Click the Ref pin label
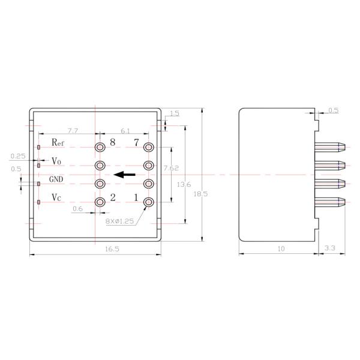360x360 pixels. pos(58,143)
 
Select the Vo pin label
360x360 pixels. pos(56,161)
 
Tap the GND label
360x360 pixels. pos(56,179)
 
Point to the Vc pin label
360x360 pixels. pos(56,197)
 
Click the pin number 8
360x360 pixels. pos(112,143)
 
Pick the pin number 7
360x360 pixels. pos(136,143)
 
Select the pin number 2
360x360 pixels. pos(112,198)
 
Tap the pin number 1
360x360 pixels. pos(136,198)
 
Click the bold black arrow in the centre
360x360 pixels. pos(124,175)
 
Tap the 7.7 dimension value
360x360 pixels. pos(72,130)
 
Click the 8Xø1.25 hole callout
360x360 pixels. pos(121,221)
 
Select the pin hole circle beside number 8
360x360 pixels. pos(100,147)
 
